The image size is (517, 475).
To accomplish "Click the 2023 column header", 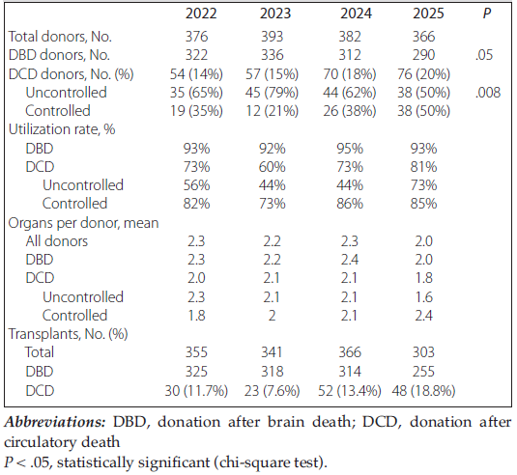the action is tap(275, 14).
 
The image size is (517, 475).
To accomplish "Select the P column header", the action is tap(487, 14).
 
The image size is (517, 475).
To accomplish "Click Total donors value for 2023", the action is tap(272, 37).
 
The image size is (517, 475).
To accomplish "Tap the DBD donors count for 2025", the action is tap(423, 55).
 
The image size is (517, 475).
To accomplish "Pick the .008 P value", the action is tap(488, 93).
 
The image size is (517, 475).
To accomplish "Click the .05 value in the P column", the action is tap(484, 55).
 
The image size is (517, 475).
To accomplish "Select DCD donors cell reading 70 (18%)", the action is tap(350, 73).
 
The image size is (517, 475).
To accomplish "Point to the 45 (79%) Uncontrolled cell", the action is tap(272, 93).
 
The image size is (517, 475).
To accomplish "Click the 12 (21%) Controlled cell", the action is tap(272, 111).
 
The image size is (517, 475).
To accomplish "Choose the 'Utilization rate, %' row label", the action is tap(62, 129).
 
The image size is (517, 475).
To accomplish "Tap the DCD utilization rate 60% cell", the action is tap(272, 167).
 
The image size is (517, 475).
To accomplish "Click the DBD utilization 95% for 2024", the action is tap(350, 149).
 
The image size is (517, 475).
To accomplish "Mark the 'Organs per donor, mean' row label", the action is tap(83, 223).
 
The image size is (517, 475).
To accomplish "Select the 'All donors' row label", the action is tap(57, 241).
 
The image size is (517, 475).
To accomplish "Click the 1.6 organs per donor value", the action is tap(423, 297).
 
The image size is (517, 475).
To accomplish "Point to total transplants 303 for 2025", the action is tap(423, 352).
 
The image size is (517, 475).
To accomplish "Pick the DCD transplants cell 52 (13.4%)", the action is tap(350, 391).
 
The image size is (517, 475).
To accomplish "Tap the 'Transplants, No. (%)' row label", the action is tap(68, 334).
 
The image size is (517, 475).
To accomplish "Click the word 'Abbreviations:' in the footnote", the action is tap(55, 422).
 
